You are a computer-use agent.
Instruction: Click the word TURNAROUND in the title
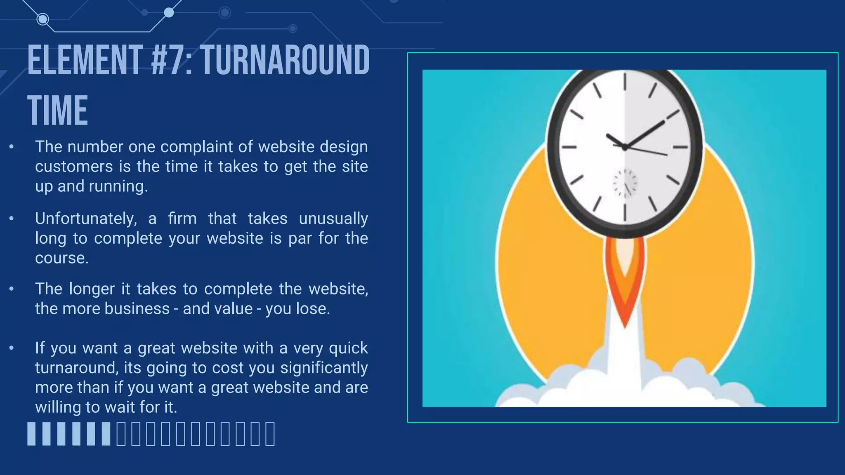coord(285,61)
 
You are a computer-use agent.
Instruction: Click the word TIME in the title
coord(58,111)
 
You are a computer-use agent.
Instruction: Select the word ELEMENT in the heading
coord(85,61)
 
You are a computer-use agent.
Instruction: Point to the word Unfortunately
coord(86,219)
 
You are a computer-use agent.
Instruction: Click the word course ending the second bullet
coord(61,258)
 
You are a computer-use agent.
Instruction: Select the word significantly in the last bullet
coord(323,368)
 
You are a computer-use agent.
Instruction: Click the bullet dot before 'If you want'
coord(12,348)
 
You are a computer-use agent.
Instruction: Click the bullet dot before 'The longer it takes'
coord(12,289)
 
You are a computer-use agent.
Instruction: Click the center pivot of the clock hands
coord(625,147)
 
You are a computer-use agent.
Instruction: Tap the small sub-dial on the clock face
coord(625,183)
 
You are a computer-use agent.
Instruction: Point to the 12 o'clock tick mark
coord(625,81)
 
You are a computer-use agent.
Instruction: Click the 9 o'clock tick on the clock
coord(569,147)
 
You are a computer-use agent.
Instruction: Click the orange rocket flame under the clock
coord(625,285)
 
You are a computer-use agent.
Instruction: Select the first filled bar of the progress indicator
coord(32,434)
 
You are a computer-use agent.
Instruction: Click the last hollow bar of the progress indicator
coord(270,434)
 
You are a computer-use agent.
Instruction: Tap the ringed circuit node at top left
coord(42,19)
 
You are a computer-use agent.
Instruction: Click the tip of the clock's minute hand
coord(663,122)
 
